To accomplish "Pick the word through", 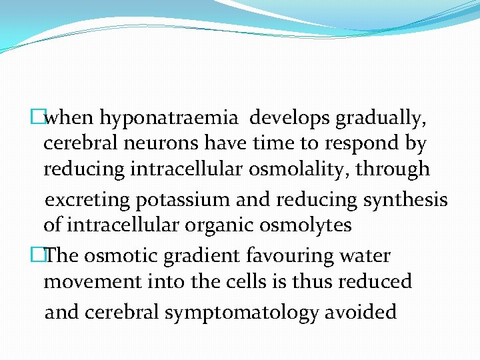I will pyautogui.click(x=393, y=170).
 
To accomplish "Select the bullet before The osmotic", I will pyautogui.click(x=46, y=255).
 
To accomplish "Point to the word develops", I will pyautogui.click(x=289, y=119).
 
